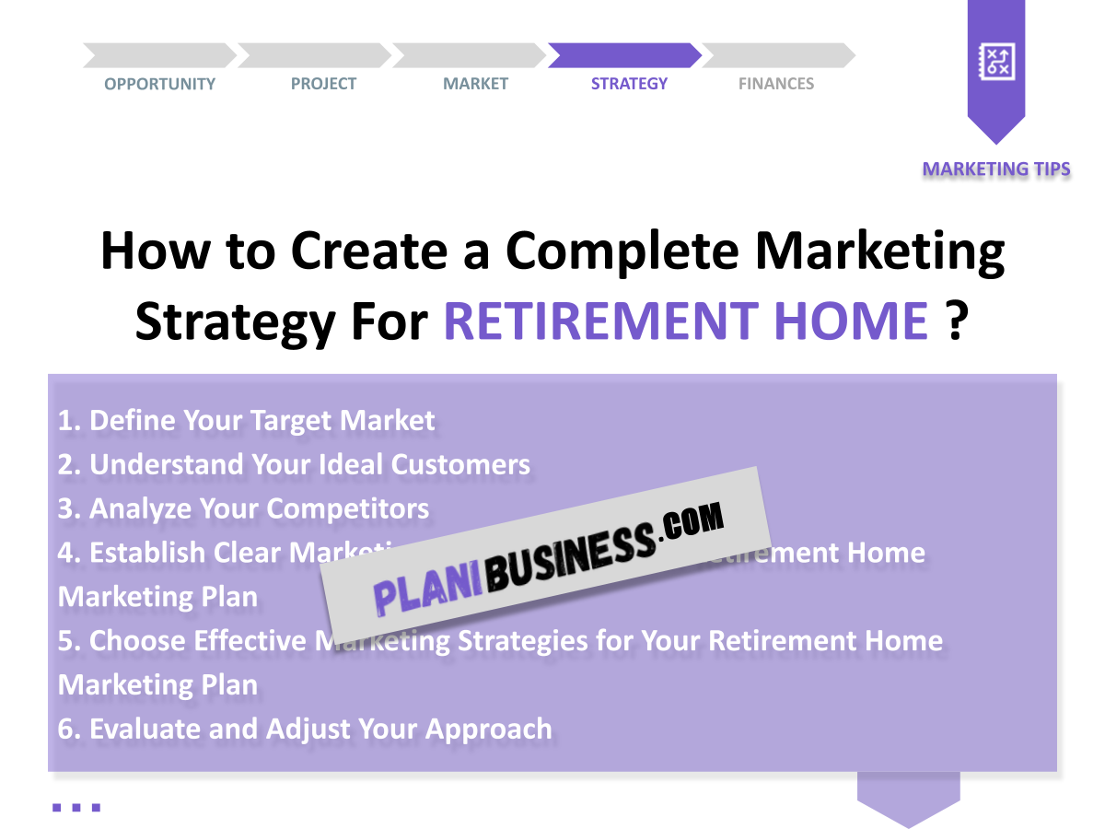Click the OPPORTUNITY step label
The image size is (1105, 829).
pyautogui.click(x=159, y=84)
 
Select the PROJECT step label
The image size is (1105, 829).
pyautogui.click(x=323, y=84)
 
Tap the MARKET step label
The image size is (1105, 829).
pyautogui.click(x=475, y=84)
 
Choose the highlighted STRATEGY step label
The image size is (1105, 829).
pyautogui.click(x=629, y=84)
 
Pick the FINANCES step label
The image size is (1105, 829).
pyautogui.click(x=776, y=84)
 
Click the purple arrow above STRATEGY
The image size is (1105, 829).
pyautogui.click(x=624, y=55)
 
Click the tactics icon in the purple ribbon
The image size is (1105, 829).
pyautogui.click(x=996, y=63)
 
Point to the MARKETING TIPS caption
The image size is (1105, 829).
pyautogui.click(x=996, y=169)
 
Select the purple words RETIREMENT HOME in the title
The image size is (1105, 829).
pyautogui.click(x=686, y=321)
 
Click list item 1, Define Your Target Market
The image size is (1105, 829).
pyautogui.click(x=246, y=421)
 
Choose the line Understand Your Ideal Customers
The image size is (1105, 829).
pyautogui.click(x=294, y=464)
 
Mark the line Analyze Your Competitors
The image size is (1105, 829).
pyautogui.click(x=243, y=508)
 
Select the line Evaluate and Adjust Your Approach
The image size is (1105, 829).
pyautogui.click(x=305, y=729)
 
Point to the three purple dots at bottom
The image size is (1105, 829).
pyautogui.click(x=76, y=808)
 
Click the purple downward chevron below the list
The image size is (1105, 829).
pyautogui.click(x=908, y=798)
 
